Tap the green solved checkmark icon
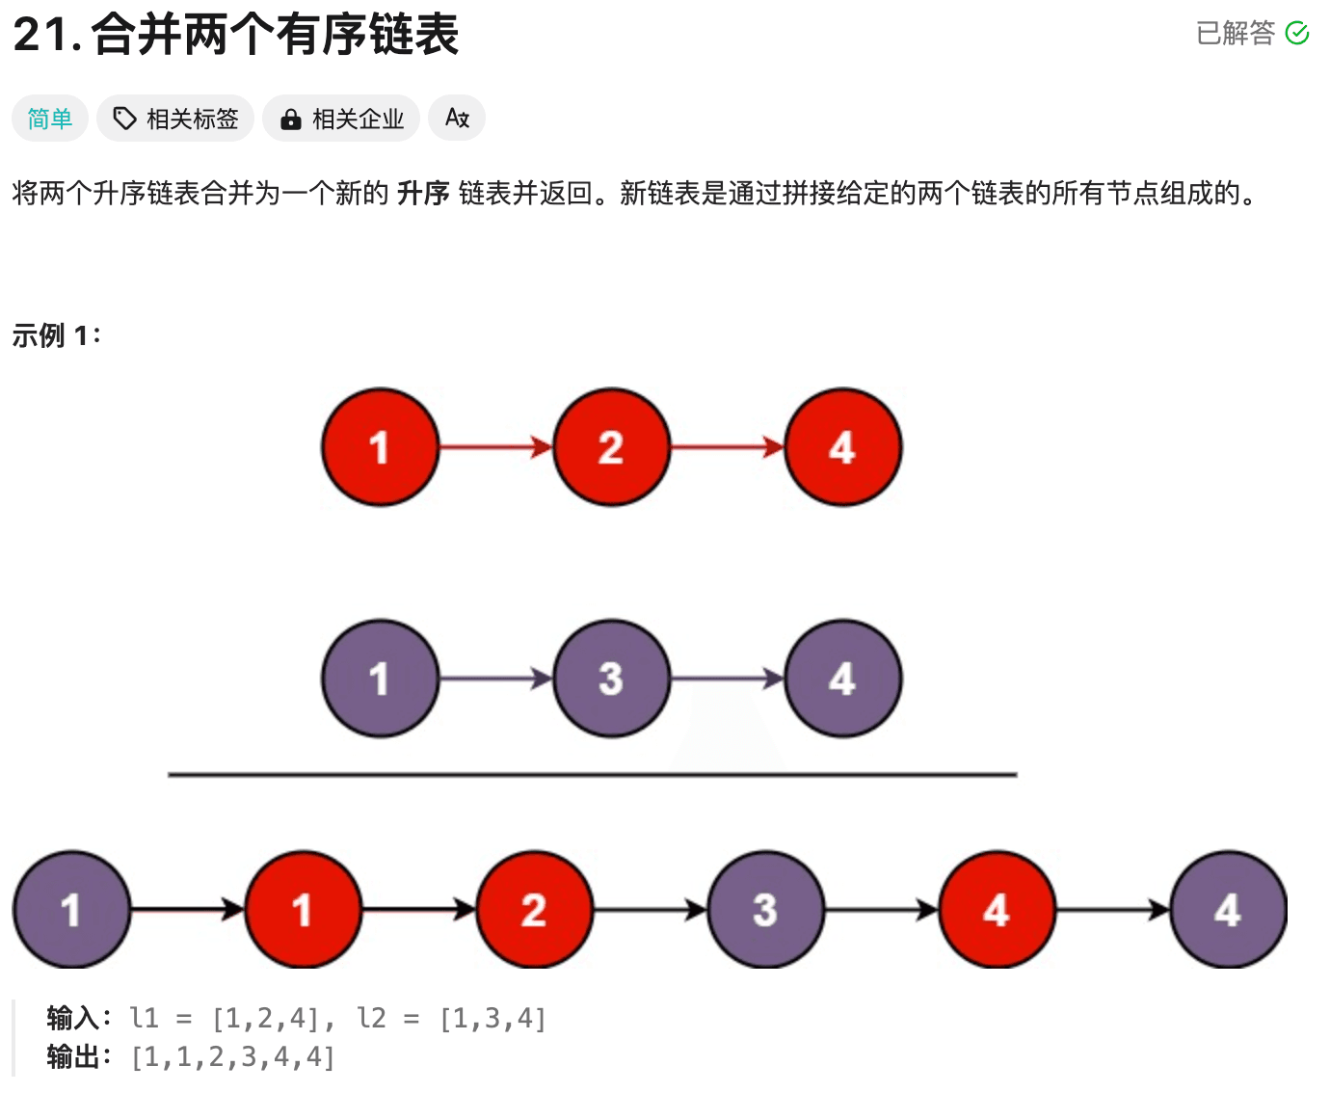click(1297, 34)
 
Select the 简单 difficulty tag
click(50, 119)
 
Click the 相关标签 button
click(175, 119)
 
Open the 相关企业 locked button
click(341, 119)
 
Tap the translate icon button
click(457, 119)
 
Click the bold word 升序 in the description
click(423, 194)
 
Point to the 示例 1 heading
click(56, 335)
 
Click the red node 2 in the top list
click(611, 447)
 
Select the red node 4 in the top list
click(842, 447)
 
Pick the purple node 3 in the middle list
click(611, 679)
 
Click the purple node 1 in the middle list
click(380, 679)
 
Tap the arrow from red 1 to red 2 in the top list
click(495, 447)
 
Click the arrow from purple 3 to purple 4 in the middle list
click(727, 679)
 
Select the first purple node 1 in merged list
click(70, 910)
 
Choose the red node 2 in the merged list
click(534, 910)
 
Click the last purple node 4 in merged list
click(1228, 910)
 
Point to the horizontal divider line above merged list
click(592, 774)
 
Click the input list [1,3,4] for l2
click(492, 1019)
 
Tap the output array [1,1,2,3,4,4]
click(233, 1057)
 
